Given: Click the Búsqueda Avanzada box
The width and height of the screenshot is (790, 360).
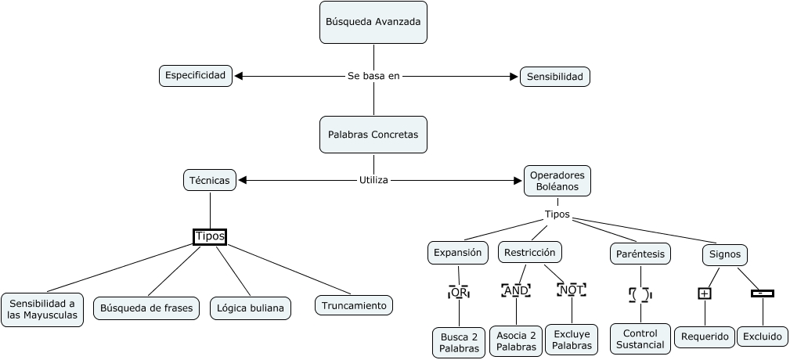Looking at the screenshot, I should pos(373,22).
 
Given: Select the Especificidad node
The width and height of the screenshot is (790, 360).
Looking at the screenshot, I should pos(195,75).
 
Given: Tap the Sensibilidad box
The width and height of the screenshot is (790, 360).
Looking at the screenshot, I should pos(554,77).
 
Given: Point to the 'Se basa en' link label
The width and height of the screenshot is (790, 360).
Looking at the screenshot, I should pos(373,76).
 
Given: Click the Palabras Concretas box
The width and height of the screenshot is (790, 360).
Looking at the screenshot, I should pos(373,135).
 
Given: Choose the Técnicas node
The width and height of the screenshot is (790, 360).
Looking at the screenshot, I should pos(209,180).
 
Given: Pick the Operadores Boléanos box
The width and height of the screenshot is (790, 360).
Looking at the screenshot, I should pos(557,181).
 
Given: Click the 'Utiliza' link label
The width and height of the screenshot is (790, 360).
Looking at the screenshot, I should pos(373,180).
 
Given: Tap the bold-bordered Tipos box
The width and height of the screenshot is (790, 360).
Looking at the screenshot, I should pos(209,236).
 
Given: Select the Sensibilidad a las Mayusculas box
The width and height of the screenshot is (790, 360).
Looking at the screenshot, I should pos(42,310).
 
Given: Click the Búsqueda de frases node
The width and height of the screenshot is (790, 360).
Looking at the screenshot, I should pos(146,308).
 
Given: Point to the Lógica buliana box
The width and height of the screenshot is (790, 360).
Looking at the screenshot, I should pos(251,308).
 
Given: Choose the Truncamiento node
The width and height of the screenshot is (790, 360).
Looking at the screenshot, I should pos(354,305).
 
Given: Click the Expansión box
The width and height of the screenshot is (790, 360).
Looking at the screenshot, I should pos(457,253).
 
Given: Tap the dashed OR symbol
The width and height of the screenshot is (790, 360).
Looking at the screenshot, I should pos(458,292).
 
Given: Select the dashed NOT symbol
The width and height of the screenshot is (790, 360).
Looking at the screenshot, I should pos(572,290).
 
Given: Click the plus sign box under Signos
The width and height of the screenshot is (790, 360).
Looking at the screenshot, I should pos(705,293).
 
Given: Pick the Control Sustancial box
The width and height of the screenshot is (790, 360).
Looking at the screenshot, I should pos(640,338).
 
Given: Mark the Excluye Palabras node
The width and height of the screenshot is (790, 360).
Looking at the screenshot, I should pos(571,339).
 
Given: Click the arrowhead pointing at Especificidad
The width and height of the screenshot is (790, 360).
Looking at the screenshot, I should pos(240,76).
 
